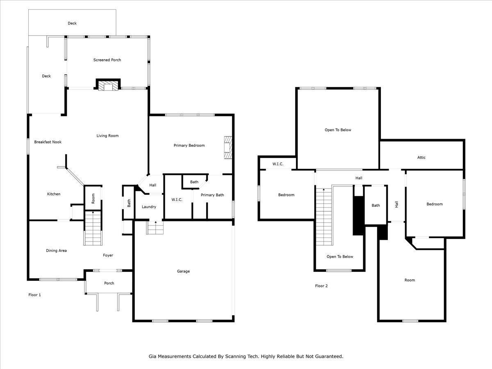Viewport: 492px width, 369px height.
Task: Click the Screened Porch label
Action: (107, 60)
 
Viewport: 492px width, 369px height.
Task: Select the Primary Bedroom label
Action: (189, 146)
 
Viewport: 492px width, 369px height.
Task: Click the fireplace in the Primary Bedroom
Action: (228, 148)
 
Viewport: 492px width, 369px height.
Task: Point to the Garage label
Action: (183, 271)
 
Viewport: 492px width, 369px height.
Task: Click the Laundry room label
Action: (149, 207)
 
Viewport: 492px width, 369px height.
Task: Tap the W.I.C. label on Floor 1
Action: (177, 200)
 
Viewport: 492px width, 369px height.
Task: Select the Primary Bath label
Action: (212, 195)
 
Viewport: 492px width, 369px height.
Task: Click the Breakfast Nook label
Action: (48, 142)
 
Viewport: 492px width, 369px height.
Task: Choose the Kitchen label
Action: (54, 194)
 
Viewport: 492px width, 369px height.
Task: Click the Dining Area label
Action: (56, 251)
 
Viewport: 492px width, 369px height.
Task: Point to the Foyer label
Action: (108, 255)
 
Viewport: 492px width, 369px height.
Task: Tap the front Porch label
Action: (109, 283)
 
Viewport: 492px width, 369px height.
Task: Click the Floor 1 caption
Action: (34, 295)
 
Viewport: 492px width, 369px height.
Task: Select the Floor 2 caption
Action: (321, 286)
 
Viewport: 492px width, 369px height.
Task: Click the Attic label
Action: (421, 157)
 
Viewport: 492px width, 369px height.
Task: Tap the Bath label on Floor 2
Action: (376, 205)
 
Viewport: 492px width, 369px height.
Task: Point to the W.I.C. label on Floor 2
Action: (278, 164)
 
